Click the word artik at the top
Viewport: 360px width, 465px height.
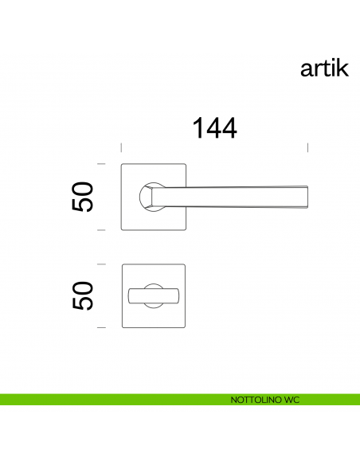pos(324,69)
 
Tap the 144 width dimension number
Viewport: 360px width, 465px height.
pos(213,128)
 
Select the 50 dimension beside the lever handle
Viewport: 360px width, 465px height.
pos(83,197)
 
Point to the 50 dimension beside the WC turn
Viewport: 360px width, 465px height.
pos(83,295)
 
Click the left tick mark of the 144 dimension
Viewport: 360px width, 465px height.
pos(120,147)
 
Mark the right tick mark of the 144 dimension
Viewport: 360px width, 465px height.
pos(308,147)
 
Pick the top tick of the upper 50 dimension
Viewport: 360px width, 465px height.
pos(101,164)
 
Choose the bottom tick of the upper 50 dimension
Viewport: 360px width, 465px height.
pos(101,229)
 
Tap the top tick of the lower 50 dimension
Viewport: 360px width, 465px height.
pos(101,264)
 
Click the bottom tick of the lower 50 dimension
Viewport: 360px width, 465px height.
pos(101,327)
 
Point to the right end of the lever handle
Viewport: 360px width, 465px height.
pos(307,196)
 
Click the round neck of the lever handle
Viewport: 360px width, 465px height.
pos(147,197)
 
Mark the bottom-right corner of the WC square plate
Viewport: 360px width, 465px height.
pos(185,326)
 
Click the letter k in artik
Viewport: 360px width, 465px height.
pos(343,69)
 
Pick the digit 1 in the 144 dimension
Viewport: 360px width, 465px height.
pos(196,128)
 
